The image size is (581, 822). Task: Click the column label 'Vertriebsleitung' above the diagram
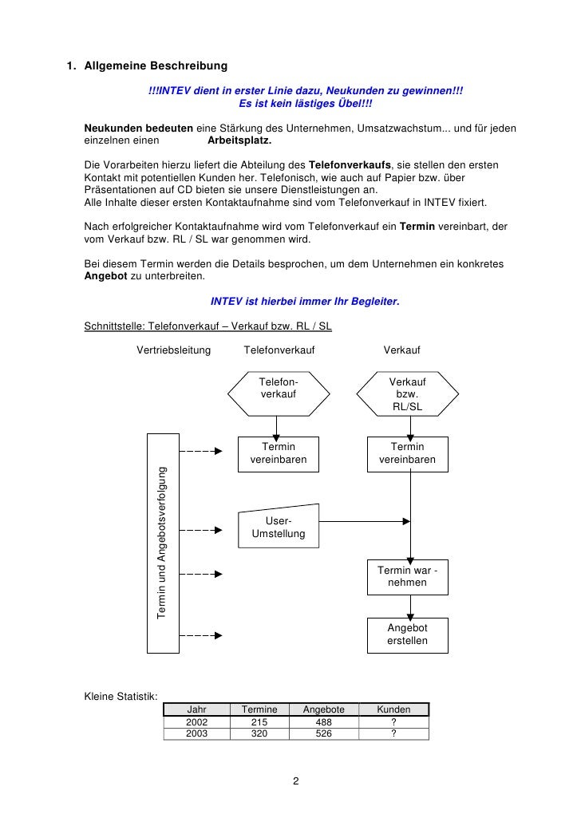tap(173, 350)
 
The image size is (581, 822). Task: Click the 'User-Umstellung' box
tap(279, 527)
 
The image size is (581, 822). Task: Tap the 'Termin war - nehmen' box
tap(407, 576)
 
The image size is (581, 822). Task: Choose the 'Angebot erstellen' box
tap(407, 634)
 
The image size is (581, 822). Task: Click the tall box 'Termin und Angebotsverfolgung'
tap(163, 543)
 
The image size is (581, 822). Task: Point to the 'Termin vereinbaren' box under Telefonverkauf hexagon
tap(279, 453)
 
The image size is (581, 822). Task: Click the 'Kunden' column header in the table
tap(393, 709)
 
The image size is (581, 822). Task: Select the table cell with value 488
tap(323, 721)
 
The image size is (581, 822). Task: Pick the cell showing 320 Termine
tap(259, 733)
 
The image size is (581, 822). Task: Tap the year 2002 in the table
tap(196, 721)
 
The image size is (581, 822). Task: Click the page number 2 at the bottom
tap(295, 781)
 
